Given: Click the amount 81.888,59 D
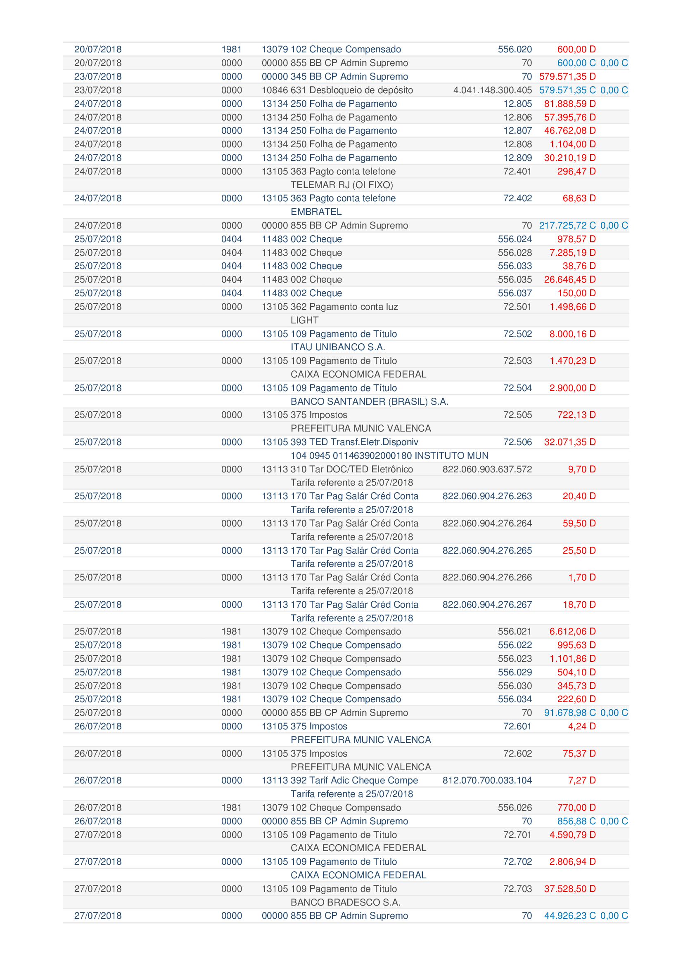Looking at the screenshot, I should click(569, 104).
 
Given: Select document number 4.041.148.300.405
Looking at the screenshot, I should click(492, 90).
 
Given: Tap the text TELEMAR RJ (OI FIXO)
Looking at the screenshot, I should click(341, 185).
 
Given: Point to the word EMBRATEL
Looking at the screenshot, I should click(316, 212).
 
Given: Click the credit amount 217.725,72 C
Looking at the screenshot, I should click(567, 226).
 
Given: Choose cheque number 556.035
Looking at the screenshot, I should click(515, 279).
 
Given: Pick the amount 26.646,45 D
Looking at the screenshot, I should click(569, 279).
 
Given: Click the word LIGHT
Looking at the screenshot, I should click(304, 320).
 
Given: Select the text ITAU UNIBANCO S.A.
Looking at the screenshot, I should click(338, 347).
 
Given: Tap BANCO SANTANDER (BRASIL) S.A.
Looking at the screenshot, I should click(369, 401).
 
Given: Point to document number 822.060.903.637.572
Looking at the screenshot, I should click(487, 470).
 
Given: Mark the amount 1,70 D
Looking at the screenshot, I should click(582, 578).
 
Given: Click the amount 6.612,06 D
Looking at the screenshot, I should click(572, 632).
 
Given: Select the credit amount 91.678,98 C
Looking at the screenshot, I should click(569, 713).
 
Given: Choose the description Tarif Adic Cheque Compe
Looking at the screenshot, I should click(363, 781).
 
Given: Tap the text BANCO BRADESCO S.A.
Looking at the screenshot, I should click(345, 902).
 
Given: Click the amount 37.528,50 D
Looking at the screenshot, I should click(569, 889).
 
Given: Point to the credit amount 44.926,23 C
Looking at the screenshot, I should click(569, 916).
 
